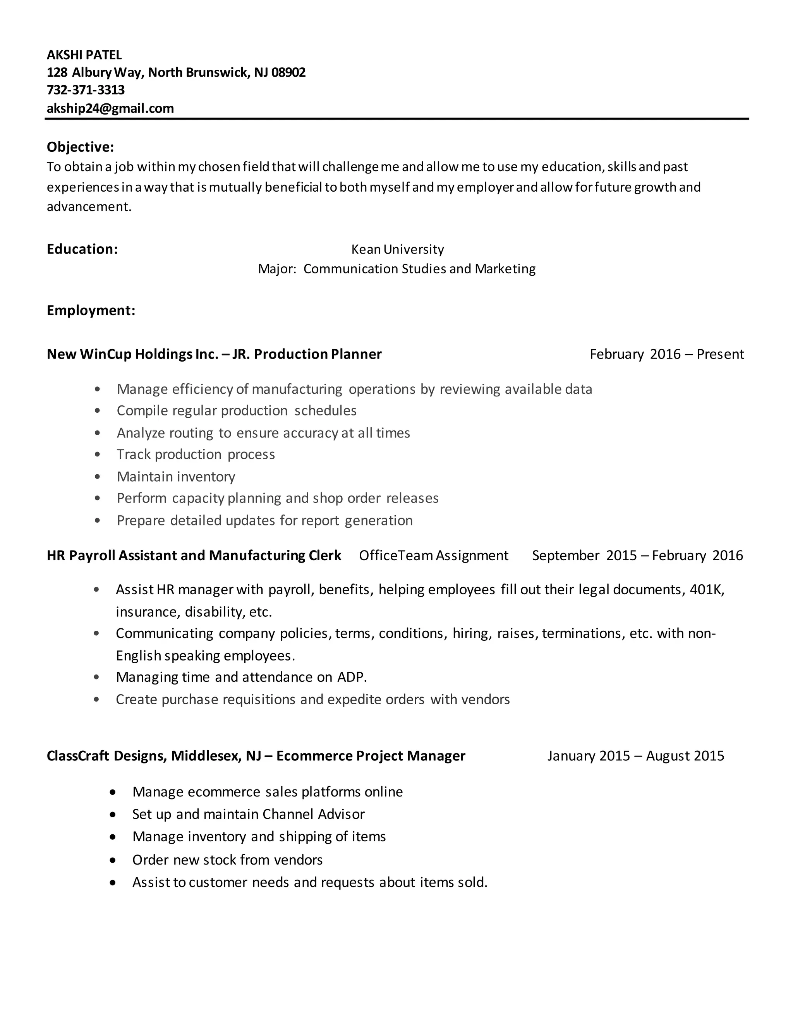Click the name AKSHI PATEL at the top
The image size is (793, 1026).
(x=84, y=55)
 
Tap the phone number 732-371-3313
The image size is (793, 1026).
(x=86, y=90)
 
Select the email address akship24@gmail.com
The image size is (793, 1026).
(x=110, y=108)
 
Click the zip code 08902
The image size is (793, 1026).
(x=288, y=72)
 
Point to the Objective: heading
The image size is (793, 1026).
(x=80, y=147)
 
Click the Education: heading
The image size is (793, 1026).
(x=82, y=249)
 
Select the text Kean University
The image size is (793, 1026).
(x=397, y=249)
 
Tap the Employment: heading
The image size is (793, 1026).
(x=91, y=311)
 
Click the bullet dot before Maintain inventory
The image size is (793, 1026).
(x=97, y=477)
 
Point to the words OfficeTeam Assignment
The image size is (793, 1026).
(x=433, y=556)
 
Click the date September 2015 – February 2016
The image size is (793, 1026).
(x=637, y=556)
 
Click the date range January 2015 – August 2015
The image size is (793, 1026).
(x=635, y=756)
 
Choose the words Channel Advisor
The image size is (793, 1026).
(x=313, y=814)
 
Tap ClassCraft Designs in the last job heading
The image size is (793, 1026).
(x=106, y=756)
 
